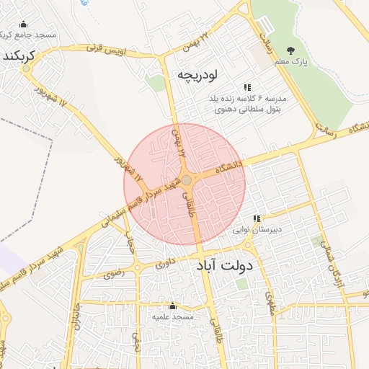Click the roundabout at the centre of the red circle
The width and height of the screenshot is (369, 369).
point(186,179)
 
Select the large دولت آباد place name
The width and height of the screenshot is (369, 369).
point(224,266)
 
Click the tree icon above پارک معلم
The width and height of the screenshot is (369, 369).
point(290,50)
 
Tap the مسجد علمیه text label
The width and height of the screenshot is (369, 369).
point(172,317)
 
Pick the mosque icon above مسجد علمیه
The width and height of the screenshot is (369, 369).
point(172,306)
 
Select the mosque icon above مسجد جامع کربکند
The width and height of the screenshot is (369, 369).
point(24,24)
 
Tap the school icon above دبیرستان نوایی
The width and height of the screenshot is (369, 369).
point(257,219)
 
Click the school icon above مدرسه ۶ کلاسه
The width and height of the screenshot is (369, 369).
point(247,87)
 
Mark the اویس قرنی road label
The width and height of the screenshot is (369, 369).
point(106,50)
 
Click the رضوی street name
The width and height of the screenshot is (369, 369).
point(114,273)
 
